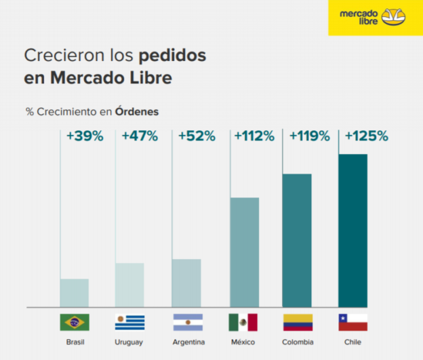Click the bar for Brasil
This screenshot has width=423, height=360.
[74, 293]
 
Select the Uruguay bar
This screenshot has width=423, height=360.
[129, 285]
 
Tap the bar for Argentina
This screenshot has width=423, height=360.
[186, 283]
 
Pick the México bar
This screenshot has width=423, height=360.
[244, 252]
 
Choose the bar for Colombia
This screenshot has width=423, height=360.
[297, 240]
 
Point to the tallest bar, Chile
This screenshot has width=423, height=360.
[352, 231]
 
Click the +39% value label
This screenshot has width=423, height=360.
[85, 136]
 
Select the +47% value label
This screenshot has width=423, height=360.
[140, 136]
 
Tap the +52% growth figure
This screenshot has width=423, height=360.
[197, 136]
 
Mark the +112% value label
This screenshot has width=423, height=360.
[254, 136]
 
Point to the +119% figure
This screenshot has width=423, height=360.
[310, 136]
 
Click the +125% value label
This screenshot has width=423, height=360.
[366, 136]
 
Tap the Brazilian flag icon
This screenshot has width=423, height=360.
[75, 322]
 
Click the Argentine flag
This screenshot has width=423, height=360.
[188, 322]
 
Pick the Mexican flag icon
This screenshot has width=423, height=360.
[243, 322]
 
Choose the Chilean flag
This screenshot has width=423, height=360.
[352, 322]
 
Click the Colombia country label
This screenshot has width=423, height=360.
[297, 342]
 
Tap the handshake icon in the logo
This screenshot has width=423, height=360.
[395, 16]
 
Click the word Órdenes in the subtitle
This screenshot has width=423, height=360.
[136, 111]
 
